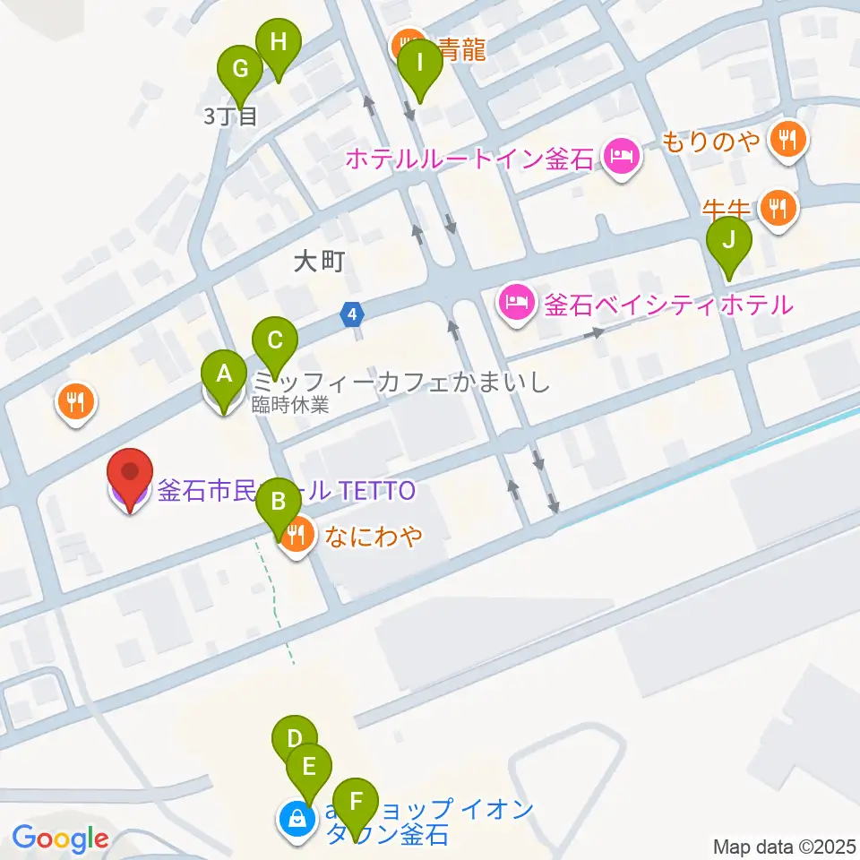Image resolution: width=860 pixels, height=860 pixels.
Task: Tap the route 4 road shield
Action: click(x=354, y=314)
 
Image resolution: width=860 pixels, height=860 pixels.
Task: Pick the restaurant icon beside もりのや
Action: click(x=789, y=139)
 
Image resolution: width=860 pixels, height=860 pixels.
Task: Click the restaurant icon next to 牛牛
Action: click(x=775, y=209)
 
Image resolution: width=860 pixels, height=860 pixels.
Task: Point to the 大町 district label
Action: click(x=319, y=262)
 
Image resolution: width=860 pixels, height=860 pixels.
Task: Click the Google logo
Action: click(x=60, y=838)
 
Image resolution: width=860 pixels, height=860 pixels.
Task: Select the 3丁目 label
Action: click(x=230, y=116)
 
